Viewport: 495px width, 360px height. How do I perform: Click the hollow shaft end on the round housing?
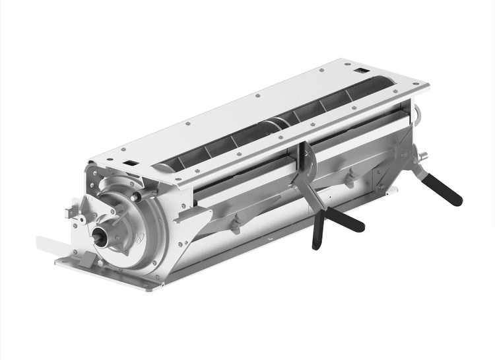(x=102, y=234)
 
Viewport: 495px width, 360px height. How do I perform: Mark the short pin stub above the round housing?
(x=135, y=196)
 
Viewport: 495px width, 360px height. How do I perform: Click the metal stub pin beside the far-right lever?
(x=422, y=157)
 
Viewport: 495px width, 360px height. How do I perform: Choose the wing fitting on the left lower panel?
(x=234, y=224)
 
